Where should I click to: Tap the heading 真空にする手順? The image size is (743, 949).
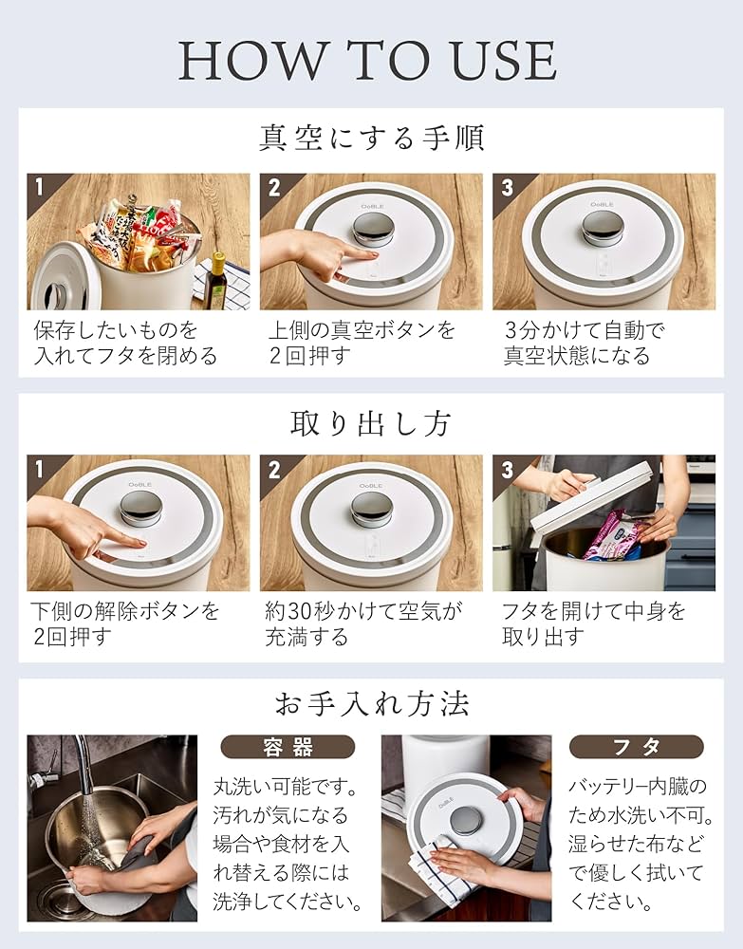371,139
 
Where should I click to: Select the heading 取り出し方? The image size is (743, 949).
371,422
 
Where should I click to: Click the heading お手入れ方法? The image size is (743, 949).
371,703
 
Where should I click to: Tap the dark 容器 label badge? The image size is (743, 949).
288,747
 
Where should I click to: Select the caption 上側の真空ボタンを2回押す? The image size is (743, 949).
361,344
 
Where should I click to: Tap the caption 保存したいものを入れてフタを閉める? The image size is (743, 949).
125,344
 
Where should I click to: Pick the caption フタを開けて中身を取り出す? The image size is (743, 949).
593,623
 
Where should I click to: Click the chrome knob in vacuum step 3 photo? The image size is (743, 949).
603,226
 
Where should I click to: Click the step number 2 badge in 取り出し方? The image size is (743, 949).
274,470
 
